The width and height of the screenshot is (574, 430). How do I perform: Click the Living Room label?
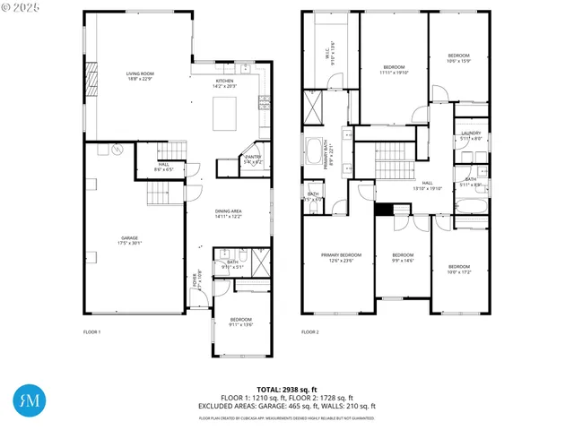tap(139, 76)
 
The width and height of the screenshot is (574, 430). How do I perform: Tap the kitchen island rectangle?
tap(224, 114)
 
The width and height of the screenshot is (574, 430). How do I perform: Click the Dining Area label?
tap(229, 213)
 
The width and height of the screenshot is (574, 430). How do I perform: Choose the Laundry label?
tap(471, 135)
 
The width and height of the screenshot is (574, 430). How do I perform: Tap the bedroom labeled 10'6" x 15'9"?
tap(458, 59)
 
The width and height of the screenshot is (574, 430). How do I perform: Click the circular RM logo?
tap(27, 400)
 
